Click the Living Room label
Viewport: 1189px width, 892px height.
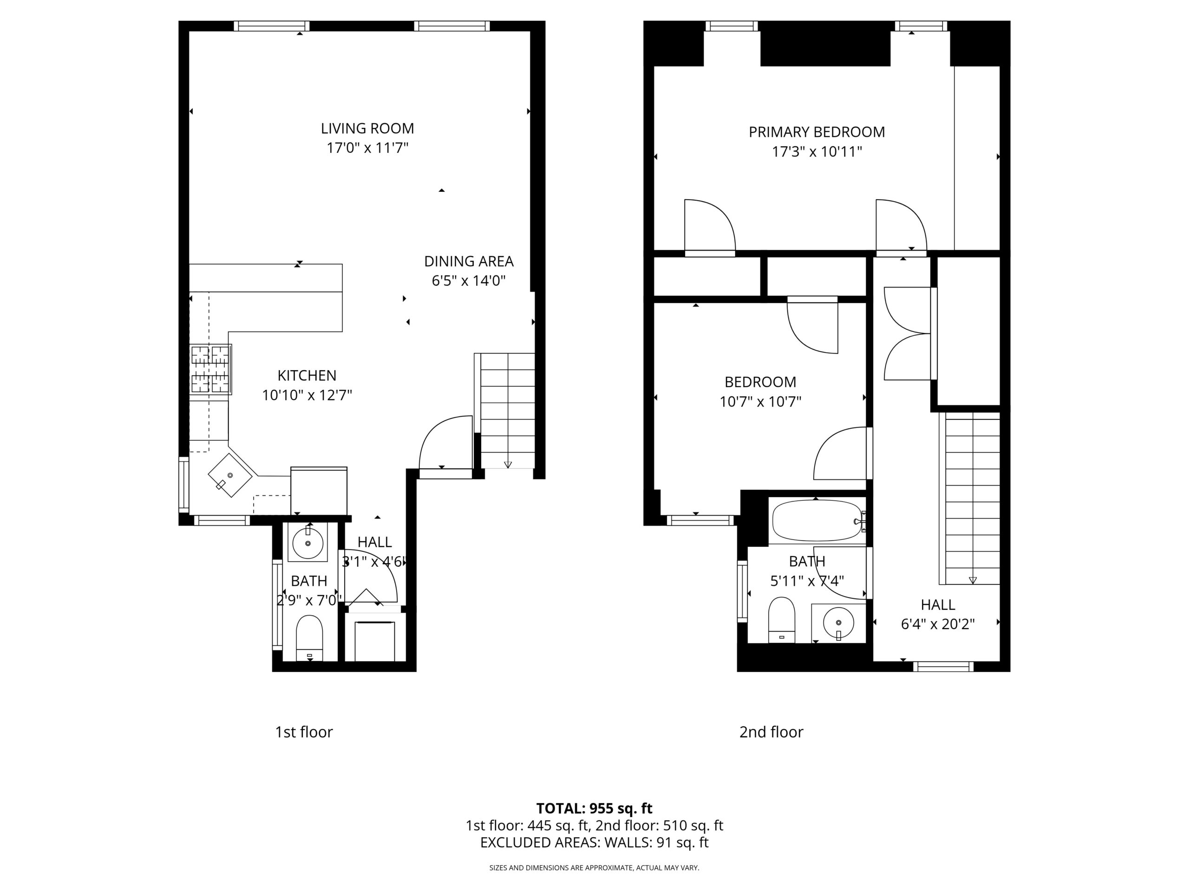[x=368, y=129]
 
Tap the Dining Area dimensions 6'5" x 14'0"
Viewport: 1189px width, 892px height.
[x=469, y=281]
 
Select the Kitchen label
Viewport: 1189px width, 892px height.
[x=307, y=375]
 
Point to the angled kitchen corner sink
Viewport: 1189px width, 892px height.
[x=230, y=475]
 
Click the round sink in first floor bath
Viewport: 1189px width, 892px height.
[x=308, y=544]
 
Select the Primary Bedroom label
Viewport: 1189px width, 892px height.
[x=817, y=132]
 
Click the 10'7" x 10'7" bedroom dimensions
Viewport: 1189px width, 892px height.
[x=760, y=402]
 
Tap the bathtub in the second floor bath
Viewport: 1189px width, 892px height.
[x=817, y=520]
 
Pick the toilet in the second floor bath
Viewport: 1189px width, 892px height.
[x=782, y=619]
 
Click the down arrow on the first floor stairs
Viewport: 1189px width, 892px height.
[x=508, y=465]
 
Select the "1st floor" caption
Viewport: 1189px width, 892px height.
[x=304, y=732]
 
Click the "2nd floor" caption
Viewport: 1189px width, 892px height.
[x=771, y=732]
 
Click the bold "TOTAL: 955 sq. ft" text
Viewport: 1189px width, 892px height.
[x=594, y=808]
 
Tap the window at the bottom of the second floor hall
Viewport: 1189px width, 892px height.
[x=943, y=667]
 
